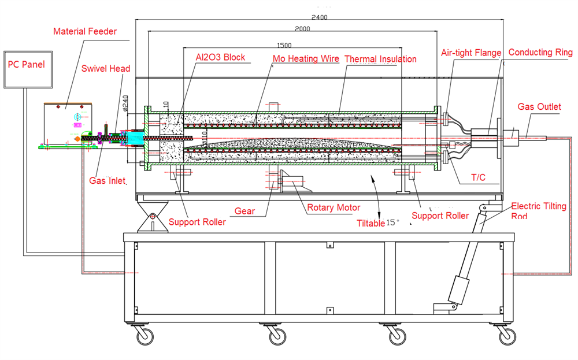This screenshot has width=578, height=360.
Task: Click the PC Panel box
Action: [x=32, y=69]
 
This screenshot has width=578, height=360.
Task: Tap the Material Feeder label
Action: [x=85, y=31]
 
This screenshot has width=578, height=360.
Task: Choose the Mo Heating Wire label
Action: [x=305, y=58]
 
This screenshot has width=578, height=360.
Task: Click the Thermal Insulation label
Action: [x=380, y=58]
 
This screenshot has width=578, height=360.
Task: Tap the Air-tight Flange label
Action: [x=471, y=53]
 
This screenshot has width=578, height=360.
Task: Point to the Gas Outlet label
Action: [x=539, y=107]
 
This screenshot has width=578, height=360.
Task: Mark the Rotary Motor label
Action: [x=334, y=207]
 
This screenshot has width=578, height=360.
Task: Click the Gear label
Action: [x=245, y=211]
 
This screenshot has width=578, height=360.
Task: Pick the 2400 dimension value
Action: [x=318, y=17]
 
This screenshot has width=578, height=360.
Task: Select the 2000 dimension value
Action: [x=302, y=29]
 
